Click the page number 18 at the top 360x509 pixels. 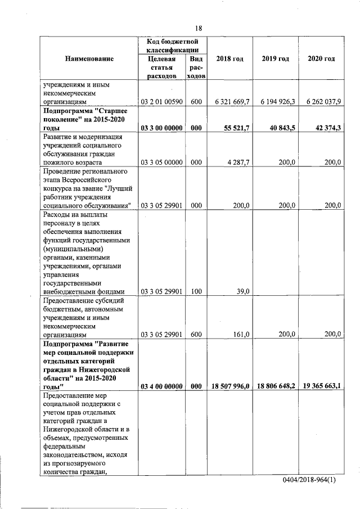coord(199,29)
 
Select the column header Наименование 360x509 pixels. coord(89,59)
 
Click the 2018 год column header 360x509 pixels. coord(229,59)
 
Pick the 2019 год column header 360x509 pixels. coord(275,59)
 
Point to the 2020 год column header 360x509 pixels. coord(321,59)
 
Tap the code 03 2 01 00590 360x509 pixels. coord(161,102)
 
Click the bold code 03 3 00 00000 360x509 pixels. coord(161,128)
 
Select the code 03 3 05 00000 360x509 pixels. coord(161,162)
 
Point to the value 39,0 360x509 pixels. coord(241,291)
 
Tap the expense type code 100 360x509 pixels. coord(196,291)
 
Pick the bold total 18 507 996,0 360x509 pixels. coord(230,386)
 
